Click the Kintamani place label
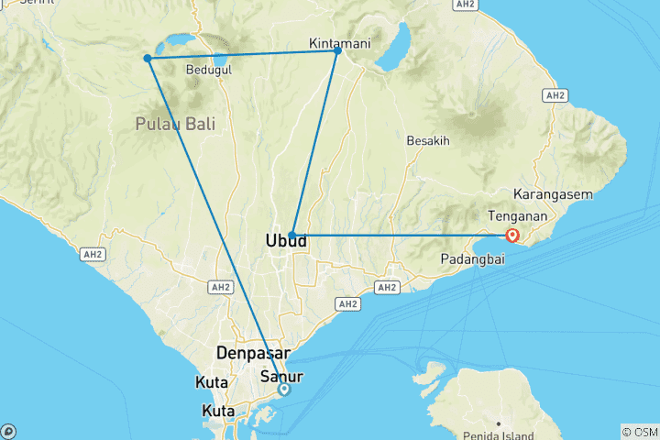[339, 43]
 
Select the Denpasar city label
[253, 353]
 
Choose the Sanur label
[281, 376]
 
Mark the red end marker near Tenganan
[512, 236]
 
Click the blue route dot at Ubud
[291, 236]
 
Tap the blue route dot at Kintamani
[337, 50]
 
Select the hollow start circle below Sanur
[284, 390]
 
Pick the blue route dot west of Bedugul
[148, 59]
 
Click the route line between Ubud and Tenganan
[403, 236]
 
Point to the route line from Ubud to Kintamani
[314, 143]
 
